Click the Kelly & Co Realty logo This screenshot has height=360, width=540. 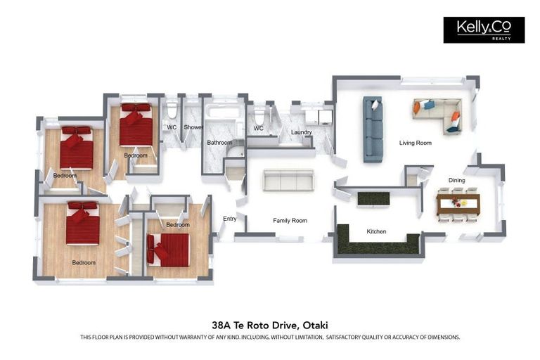coord(484,30)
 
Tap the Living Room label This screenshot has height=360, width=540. coord(416,143)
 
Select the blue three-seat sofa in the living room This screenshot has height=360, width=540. coord(373,129)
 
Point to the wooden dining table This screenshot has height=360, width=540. coord(458,204)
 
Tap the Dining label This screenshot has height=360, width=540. coord(456,180)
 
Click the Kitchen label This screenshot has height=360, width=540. coord(376,231)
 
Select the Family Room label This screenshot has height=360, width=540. coord(290,221)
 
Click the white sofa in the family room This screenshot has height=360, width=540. coord(288,180)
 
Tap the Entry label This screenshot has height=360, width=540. coord(230,219)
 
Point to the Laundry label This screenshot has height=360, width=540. coord(302,132)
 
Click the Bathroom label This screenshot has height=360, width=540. coord(219,142)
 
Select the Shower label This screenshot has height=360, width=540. coord(193,127)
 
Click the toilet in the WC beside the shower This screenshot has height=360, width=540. coord(172,108)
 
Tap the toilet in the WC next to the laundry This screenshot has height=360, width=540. coord(259,115)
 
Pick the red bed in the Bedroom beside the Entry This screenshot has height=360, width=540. coord(169,250)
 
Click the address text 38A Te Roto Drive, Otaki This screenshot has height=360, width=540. coord(270,325)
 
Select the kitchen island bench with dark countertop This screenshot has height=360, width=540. coord(373,200)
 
